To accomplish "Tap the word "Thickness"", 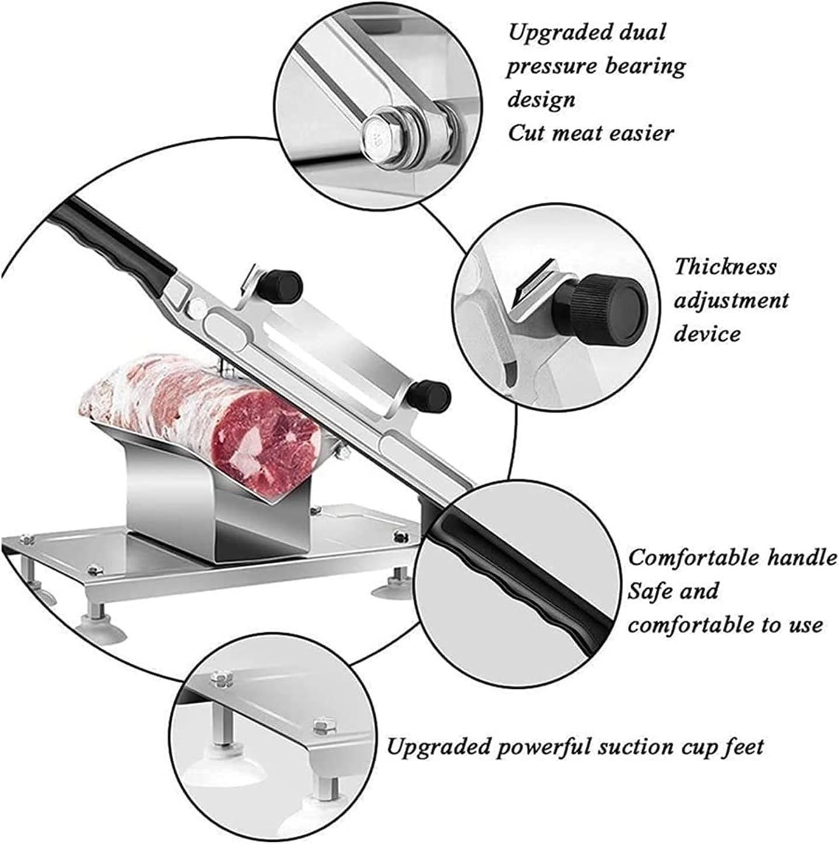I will (725, 266).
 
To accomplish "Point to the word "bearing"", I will (644, 67).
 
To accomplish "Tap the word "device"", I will (707, 334).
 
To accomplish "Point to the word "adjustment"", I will (730, 300).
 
